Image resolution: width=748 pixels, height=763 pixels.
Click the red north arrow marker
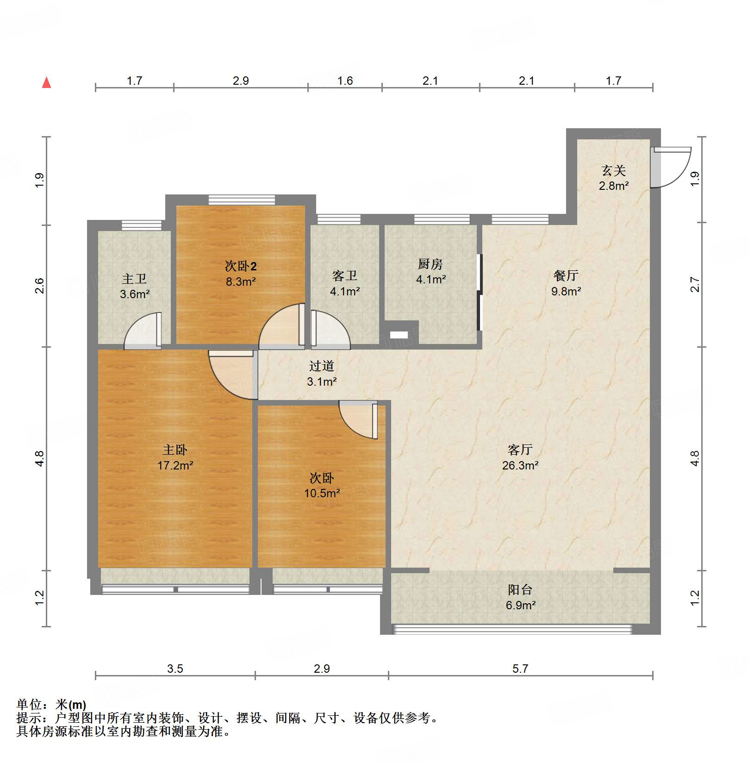[x=46, y=83]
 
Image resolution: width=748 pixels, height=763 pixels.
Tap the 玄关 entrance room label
[x=614, y=171]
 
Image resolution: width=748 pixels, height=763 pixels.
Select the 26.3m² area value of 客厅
[x=520, y=465]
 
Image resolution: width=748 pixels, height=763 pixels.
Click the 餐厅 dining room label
[x=566, y=276]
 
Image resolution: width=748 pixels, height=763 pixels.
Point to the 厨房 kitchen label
[x=430, y=264]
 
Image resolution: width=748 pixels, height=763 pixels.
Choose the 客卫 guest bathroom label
[x=345, y=276]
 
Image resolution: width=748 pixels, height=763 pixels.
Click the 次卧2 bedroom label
[x=241, y=266]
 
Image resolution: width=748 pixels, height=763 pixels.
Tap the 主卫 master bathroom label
[x=134, y=279]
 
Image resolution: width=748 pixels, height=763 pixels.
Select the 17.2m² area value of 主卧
[x=175, y=465]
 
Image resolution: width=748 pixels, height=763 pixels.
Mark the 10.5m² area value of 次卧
[x=322, y=493]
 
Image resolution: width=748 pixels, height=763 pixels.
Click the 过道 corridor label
[x=322, y=366]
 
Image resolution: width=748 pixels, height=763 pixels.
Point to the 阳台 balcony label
[x=520, y=590]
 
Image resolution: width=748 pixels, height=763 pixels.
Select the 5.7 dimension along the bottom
[x=520, y=669]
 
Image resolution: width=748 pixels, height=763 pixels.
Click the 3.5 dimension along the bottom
[x=175, y=669]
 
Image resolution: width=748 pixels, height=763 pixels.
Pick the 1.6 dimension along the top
[x=345, y=81]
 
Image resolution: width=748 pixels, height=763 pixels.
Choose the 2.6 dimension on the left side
[x=39, y=285]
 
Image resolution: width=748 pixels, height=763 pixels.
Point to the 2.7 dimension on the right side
[x=695, y=284]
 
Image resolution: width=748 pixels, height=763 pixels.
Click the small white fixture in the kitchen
[x=399, y=335]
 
